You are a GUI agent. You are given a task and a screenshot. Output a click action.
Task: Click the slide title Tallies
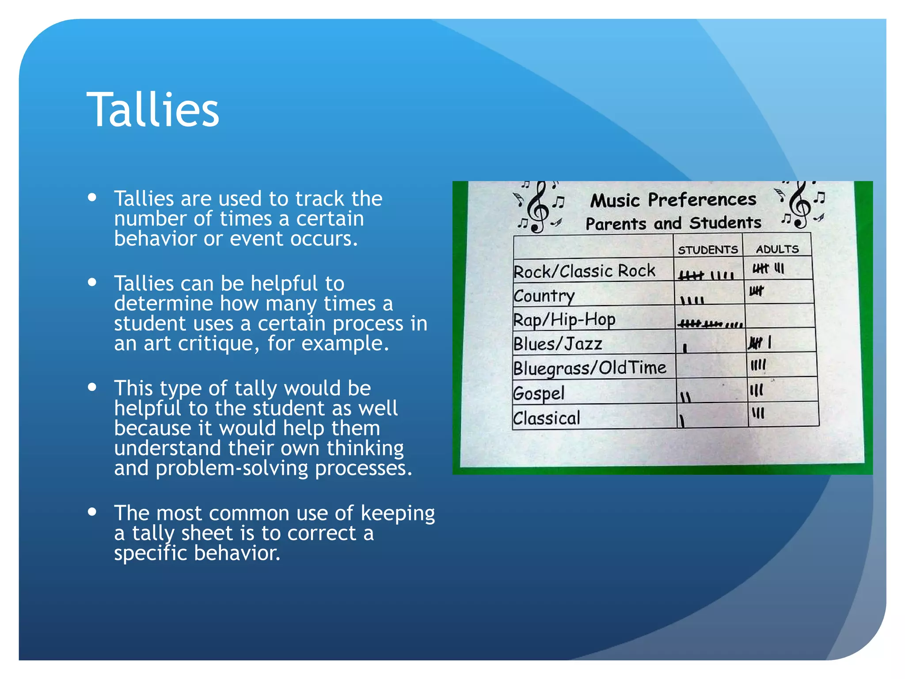click(x=153, y=110)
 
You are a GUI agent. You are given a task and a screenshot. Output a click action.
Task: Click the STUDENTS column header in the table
click(x=707, y=250)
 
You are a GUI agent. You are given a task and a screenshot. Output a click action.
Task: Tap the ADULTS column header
click(x=777, y=249)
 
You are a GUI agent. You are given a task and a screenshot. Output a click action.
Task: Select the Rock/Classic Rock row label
click(x=584, y=271)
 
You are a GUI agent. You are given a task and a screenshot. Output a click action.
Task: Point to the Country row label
click(x=544, y=296)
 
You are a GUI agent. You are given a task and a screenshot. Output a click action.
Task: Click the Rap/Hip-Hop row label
click(x=564, y=320)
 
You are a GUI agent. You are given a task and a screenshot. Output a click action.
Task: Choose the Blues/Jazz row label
click(x=558, y=344)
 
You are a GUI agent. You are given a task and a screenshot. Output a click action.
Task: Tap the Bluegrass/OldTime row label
click(x=589, y=368)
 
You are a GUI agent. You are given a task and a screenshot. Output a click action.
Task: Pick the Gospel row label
click(x=539, y=393)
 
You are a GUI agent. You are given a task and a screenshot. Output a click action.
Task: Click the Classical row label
click(x=547, y=418)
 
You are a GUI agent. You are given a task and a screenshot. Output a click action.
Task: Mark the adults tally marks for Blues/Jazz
click(x=760, y=343)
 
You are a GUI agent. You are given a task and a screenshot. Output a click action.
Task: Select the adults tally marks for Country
click(x=756, y=291)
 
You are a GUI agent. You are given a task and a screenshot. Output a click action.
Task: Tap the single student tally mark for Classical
click(x=682, y=420)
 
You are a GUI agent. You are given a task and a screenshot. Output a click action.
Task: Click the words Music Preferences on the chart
click(x=673, y=200)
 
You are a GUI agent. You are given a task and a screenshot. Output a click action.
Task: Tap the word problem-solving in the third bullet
click(x=232, y=468)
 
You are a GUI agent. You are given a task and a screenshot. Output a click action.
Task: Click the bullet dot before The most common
click(x=92, y=511)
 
